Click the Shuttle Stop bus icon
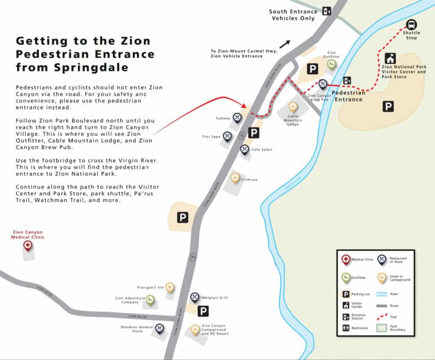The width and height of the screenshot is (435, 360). (x=411, y=25)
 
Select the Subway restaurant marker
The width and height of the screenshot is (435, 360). (x=237, y=117)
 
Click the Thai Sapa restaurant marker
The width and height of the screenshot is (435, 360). (x=227, y=136)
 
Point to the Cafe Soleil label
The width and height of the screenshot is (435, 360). (x=262, y=149)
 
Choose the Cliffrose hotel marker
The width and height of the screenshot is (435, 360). (x=235, y=177)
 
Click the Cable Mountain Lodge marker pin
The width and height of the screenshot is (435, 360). (x=293, y=106)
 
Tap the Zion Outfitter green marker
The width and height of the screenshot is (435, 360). (x=331, y=64)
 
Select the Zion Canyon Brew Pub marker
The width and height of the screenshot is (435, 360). (x=323, y=84)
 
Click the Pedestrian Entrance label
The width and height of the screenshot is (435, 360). (x=348, y=96)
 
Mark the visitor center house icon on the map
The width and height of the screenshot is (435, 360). (x=390, y=58)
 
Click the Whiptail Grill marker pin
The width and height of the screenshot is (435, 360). (x=195, y=297)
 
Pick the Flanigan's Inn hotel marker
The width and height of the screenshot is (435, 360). (x=170, y=287)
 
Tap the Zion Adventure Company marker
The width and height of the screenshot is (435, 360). (x=150, y=300)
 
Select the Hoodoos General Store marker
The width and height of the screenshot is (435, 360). (x=159, y=328)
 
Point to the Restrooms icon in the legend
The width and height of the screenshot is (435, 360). (x=346, y=328)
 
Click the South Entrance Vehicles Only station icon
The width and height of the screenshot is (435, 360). (x=326, y=11)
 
